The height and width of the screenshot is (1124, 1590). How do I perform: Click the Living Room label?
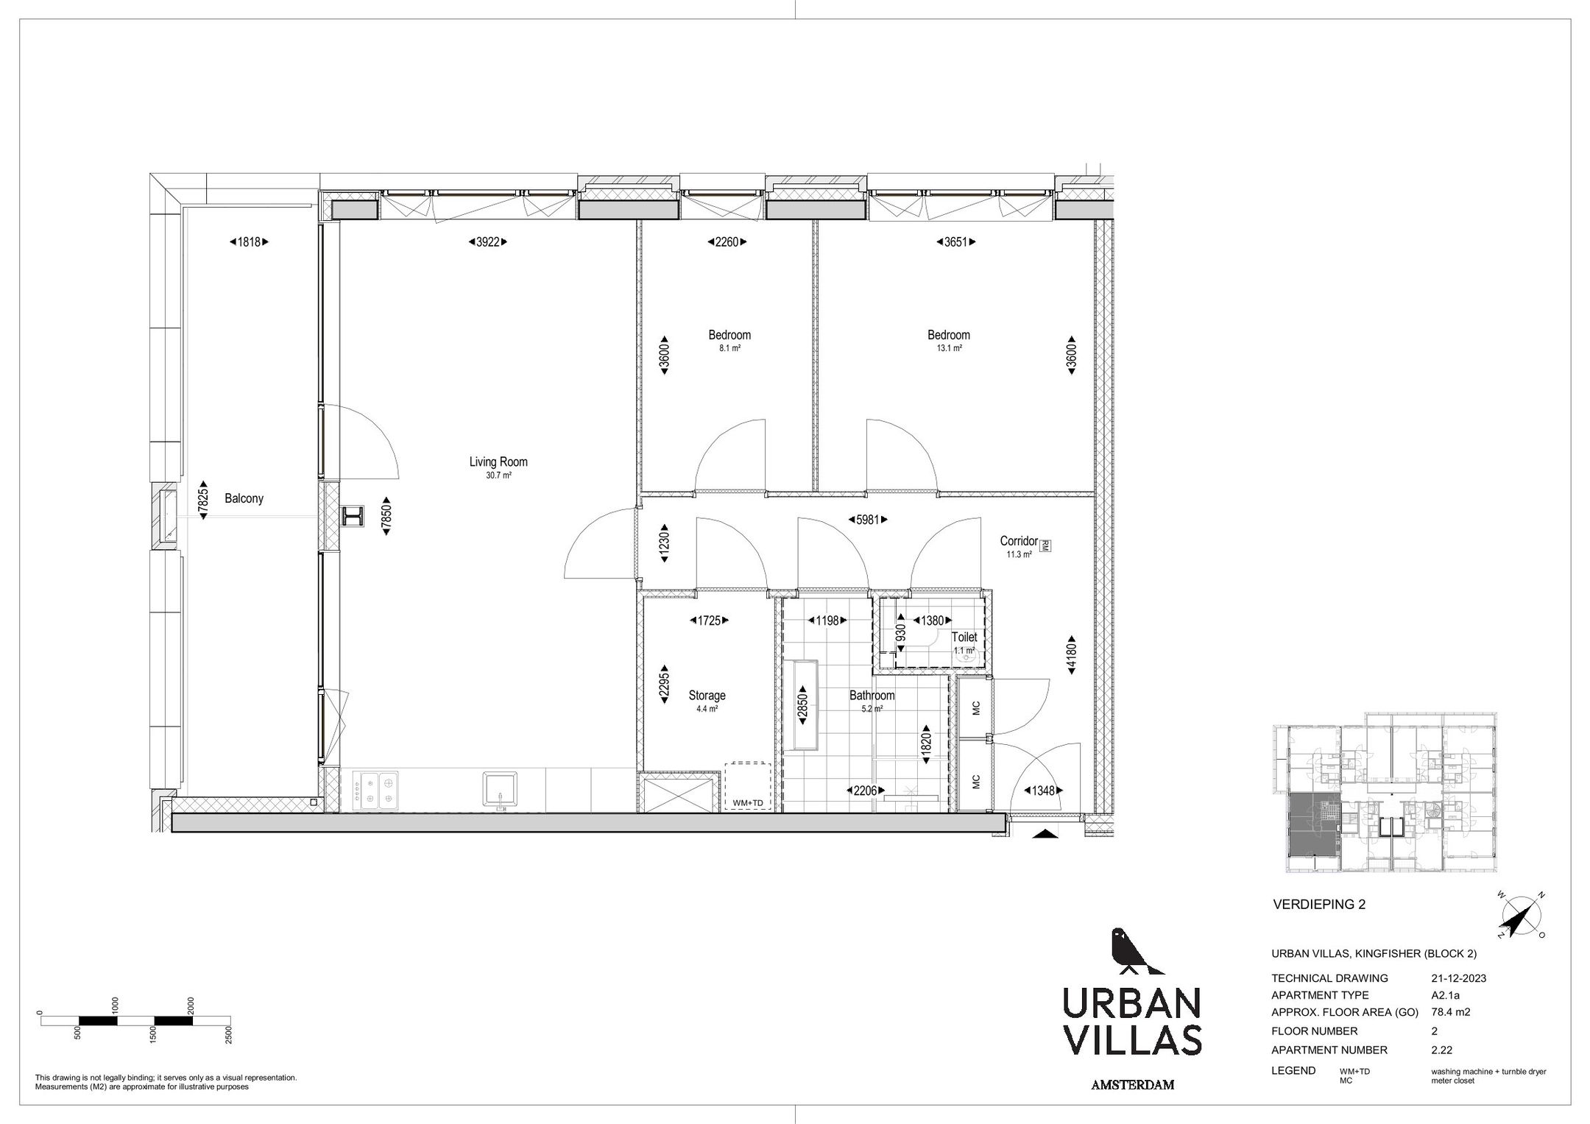(498, 462)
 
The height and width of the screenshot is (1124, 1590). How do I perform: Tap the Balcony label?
(244, 498)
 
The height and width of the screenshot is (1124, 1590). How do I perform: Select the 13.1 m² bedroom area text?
(949, 348)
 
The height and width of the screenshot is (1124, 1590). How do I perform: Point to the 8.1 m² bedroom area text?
(729, 348)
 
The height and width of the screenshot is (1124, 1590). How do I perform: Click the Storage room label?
(707, 695)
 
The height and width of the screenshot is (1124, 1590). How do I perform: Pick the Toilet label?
(964, 637)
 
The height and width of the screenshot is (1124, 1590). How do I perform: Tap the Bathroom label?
(872, 695)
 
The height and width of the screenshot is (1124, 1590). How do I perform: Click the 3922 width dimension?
(488, 241)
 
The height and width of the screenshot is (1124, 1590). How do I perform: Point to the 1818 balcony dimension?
(249, 241)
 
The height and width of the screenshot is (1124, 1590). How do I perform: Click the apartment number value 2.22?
(1441, 1050)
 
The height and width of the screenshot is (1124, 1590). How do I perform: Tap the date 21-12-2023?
(1458, 978)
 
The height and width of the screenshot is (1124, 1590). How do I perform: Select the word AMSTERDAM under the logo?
(1132, 1085)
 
